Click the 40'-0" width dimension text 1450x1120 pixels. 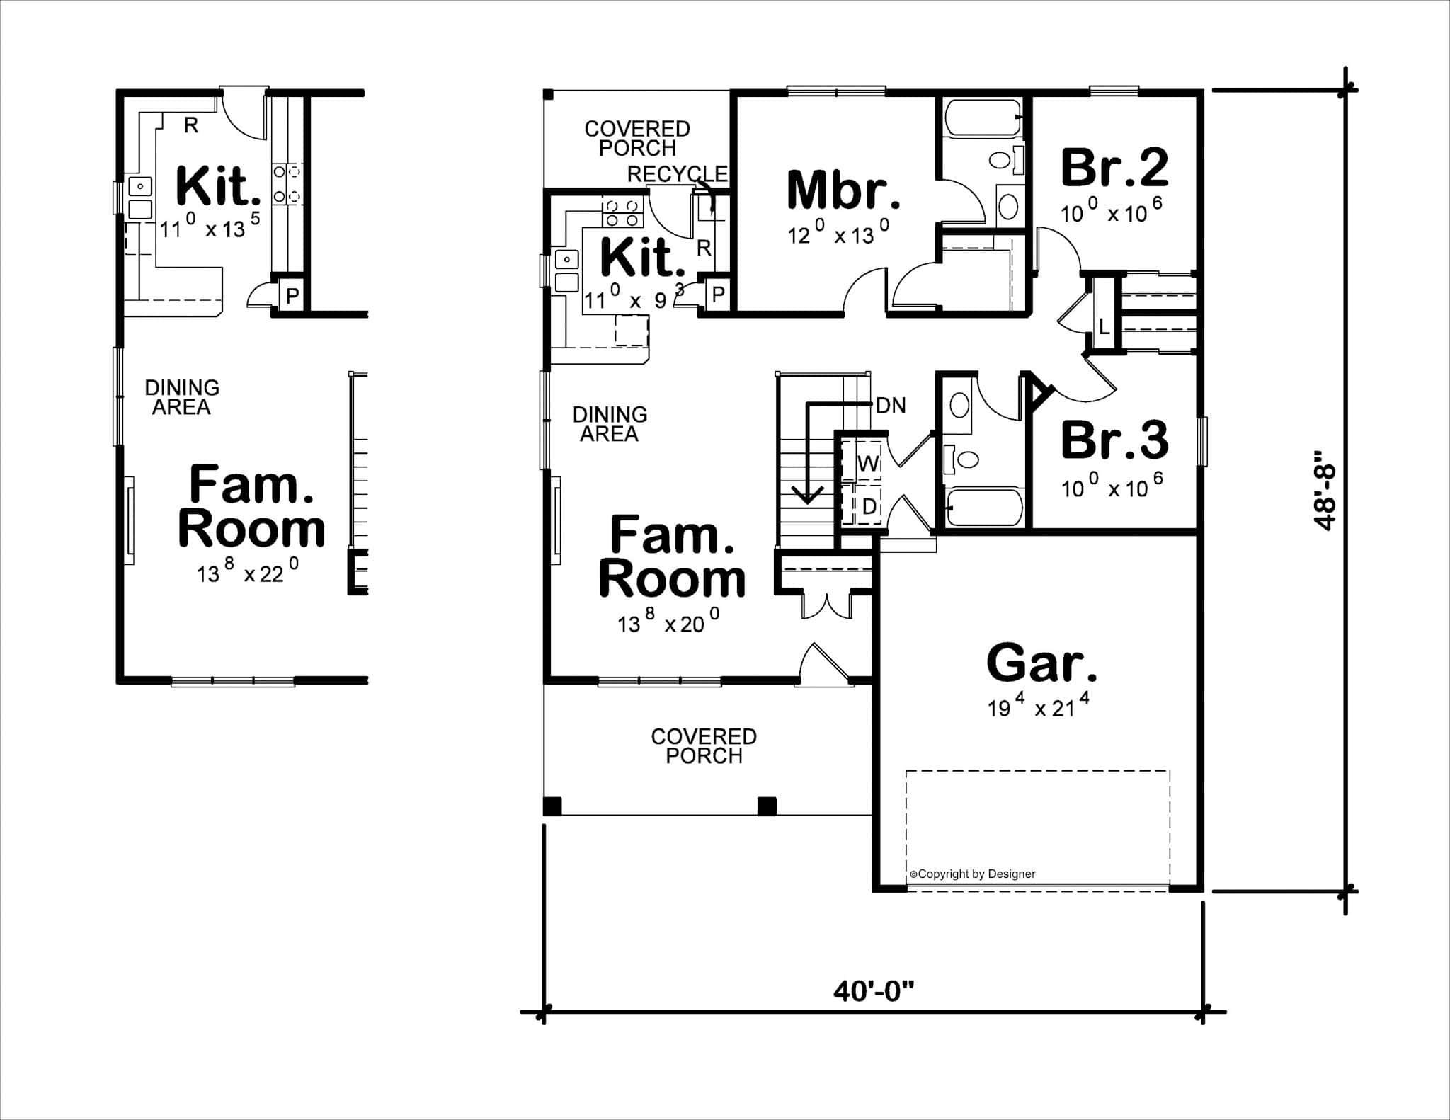pyautogui.click(x=873, y=991)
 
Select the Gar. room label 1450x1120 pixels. pyautogui.click(x=1041, y=663)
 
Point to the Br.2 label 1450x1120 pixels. pyautogui.click(x=1114, y=168)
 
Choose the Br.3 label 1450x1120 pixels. pyautogui.click(x=1114, y=440)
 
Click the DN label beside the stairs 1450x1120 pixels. pyautogui.click(x=891, y=406)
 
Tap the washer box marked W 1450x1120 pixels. pyautogui.click(x=867, y=464)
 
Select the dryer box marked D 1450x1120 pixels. pyautogui.click(x=868, y=506)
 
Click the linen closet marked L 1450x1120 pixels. pyautogui.click(x=1104, y=327)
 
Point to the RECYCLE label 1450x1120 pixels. pyautogui.click(x=677, y=174)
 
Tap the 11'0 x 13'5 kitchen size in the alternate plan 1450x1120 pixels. pyautogui.click(x=210, y=226)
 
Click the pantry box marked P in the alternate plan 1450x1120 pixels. pyautogui.click(x=292, y=295)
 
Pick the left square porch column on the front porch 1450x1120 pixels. pyautogui.click(x=553, y=806)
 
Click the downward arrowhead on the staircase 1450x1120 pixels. pyautogui.click(x=806, y=495)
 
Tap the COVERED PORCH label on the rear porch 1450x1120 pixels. pyautogui.click(x=636, y=138)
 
